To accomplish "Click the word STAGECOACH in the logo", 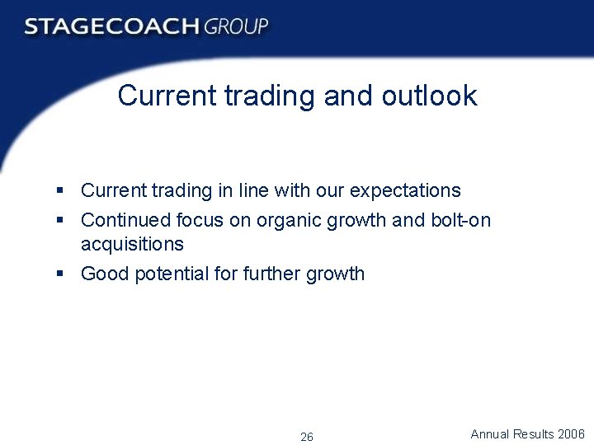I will (x=111, y=26).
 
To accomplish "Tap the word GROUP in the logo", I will (x=237, y=26).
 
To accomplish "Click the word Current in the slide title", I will (x=166, y=96).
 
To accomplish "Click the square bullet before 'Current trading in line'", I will (x=60, y=190).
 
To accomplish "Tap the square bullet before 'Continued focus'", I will (x=60, y=220).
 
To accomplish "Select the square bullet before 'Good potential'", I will (x=60, y=274).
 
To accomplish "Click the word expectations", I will (x=405, y=191).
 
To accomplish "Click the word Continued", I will (x=125, y=220).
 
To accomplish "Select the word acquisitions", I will (x=132, y=244).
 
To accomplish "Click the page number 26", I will (x=307, y=437).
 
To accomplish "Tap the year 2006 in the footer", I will (x=571, y=433).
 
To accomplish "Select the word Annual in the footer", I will (x=490, y=433).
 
